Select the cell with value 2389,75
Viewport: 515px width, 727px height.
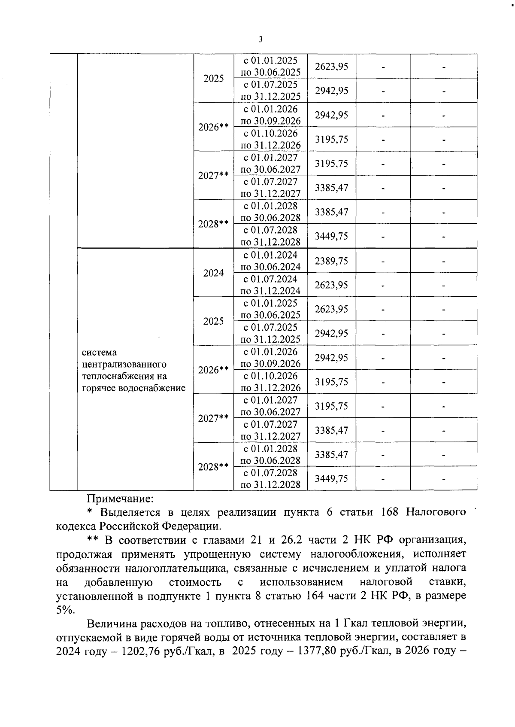point(331,261)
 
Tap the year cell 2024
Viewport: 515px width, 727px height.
point(213,273)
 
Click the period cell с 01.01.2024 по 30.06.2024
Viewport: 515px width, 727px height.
point(270,261)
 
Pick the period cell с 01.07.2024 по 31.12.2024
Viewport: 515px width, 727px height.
point(270,285)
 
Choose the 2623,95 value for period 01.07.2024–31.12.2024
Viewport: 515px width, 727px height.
point(331,285)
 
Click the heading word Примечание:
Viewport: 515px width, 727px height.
point(120,499)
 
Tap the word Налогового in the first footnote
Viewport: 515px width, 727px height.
point(436,512)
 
